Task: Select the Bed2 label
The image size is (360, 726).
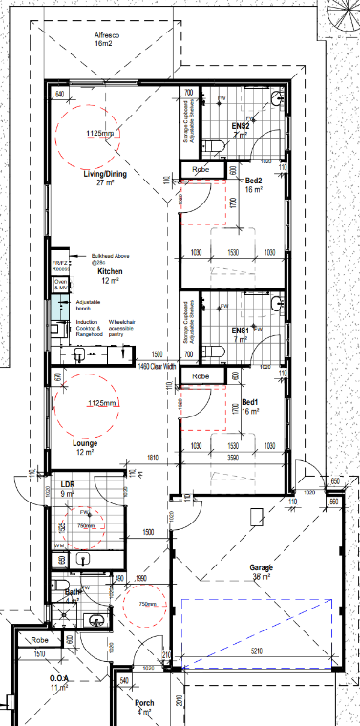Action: [255, 181]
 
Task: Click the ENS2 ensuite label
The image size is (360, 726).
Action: [241, 126]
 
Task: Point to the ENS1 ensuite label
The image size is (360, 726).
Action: [241, 331]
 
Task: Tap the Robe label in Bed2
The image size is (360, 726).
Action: [201, 169]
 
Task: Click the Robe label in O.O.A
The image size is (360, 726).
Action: [40, 640]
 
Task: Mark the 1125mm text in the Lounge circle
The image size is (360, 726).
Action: [92, 404]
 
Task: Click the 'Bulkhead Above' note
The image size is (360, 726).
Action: [110, 257]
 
